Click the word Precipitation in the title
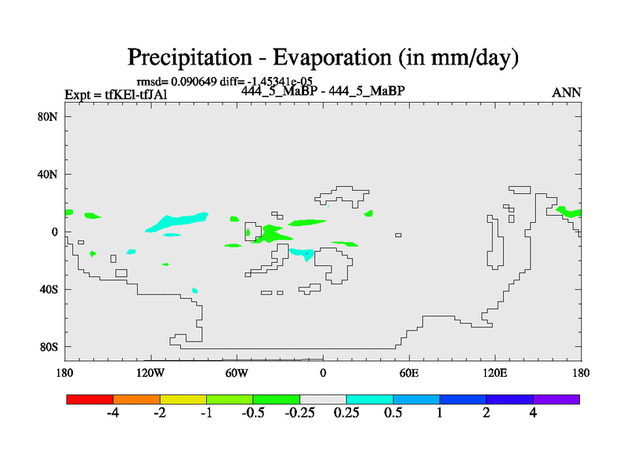tap(190, 57)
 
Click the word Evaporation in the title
tap(332, 57)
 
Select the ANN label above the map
tap(566, 93)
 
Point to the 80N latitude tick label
tap(48, 116)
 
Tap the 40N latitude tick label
tap(48, 174)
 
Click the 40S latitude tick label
tap(49, 289)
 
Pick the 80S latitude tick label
tap(49, 347)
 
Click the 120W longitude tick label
tap(150, 373)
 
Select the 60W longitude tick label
tap(237, 373)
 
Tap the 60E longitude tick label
tap(408, 373)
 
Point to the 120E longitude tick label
tap(495, 373)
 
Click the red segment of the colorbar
tap(90, 400)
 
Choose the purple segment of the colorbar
tap(556, 400)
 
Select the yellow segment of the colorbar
tap(183, 400)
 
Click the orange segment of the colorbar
tap(136, 400)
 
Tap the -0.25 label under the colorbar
tap(299, 413)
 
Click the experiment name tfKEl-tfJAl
tap(136, 94)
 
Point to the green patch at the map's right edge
tap(569, 211)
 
